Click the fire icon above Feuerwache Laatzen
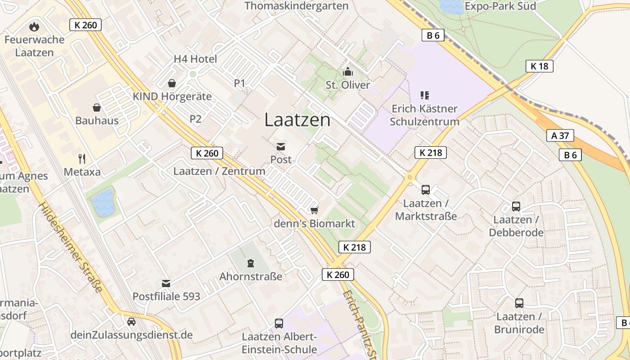point(34,27)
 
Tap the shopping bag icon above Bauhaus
point(97,108)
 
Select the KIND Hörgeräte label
point(172,96)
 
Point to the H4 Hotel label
point(195,59)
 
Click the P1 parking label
point(239,83)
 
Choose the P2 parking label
point(195,119)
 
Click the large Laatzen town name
point(297,120)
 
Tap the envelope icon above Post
point(281,146)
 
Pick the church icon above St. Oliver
point(347,72)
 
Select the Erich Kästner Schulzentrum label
point(424,115)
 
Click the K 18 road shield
point(539,66)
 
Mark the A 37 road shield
point(560,135)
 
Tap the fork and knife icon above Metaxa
point(81,158)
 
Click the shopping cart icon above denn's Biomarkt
point(315,210)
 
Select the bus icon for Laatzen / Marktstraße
point(426,190)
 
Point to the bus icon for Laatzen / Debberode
point(516,207)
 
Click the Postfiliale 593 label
point(166,297)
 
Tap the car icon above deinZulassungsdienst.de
point(131,322)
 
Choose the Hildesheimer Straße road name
point(70,247)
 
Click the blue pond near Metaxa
point(103,202)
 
